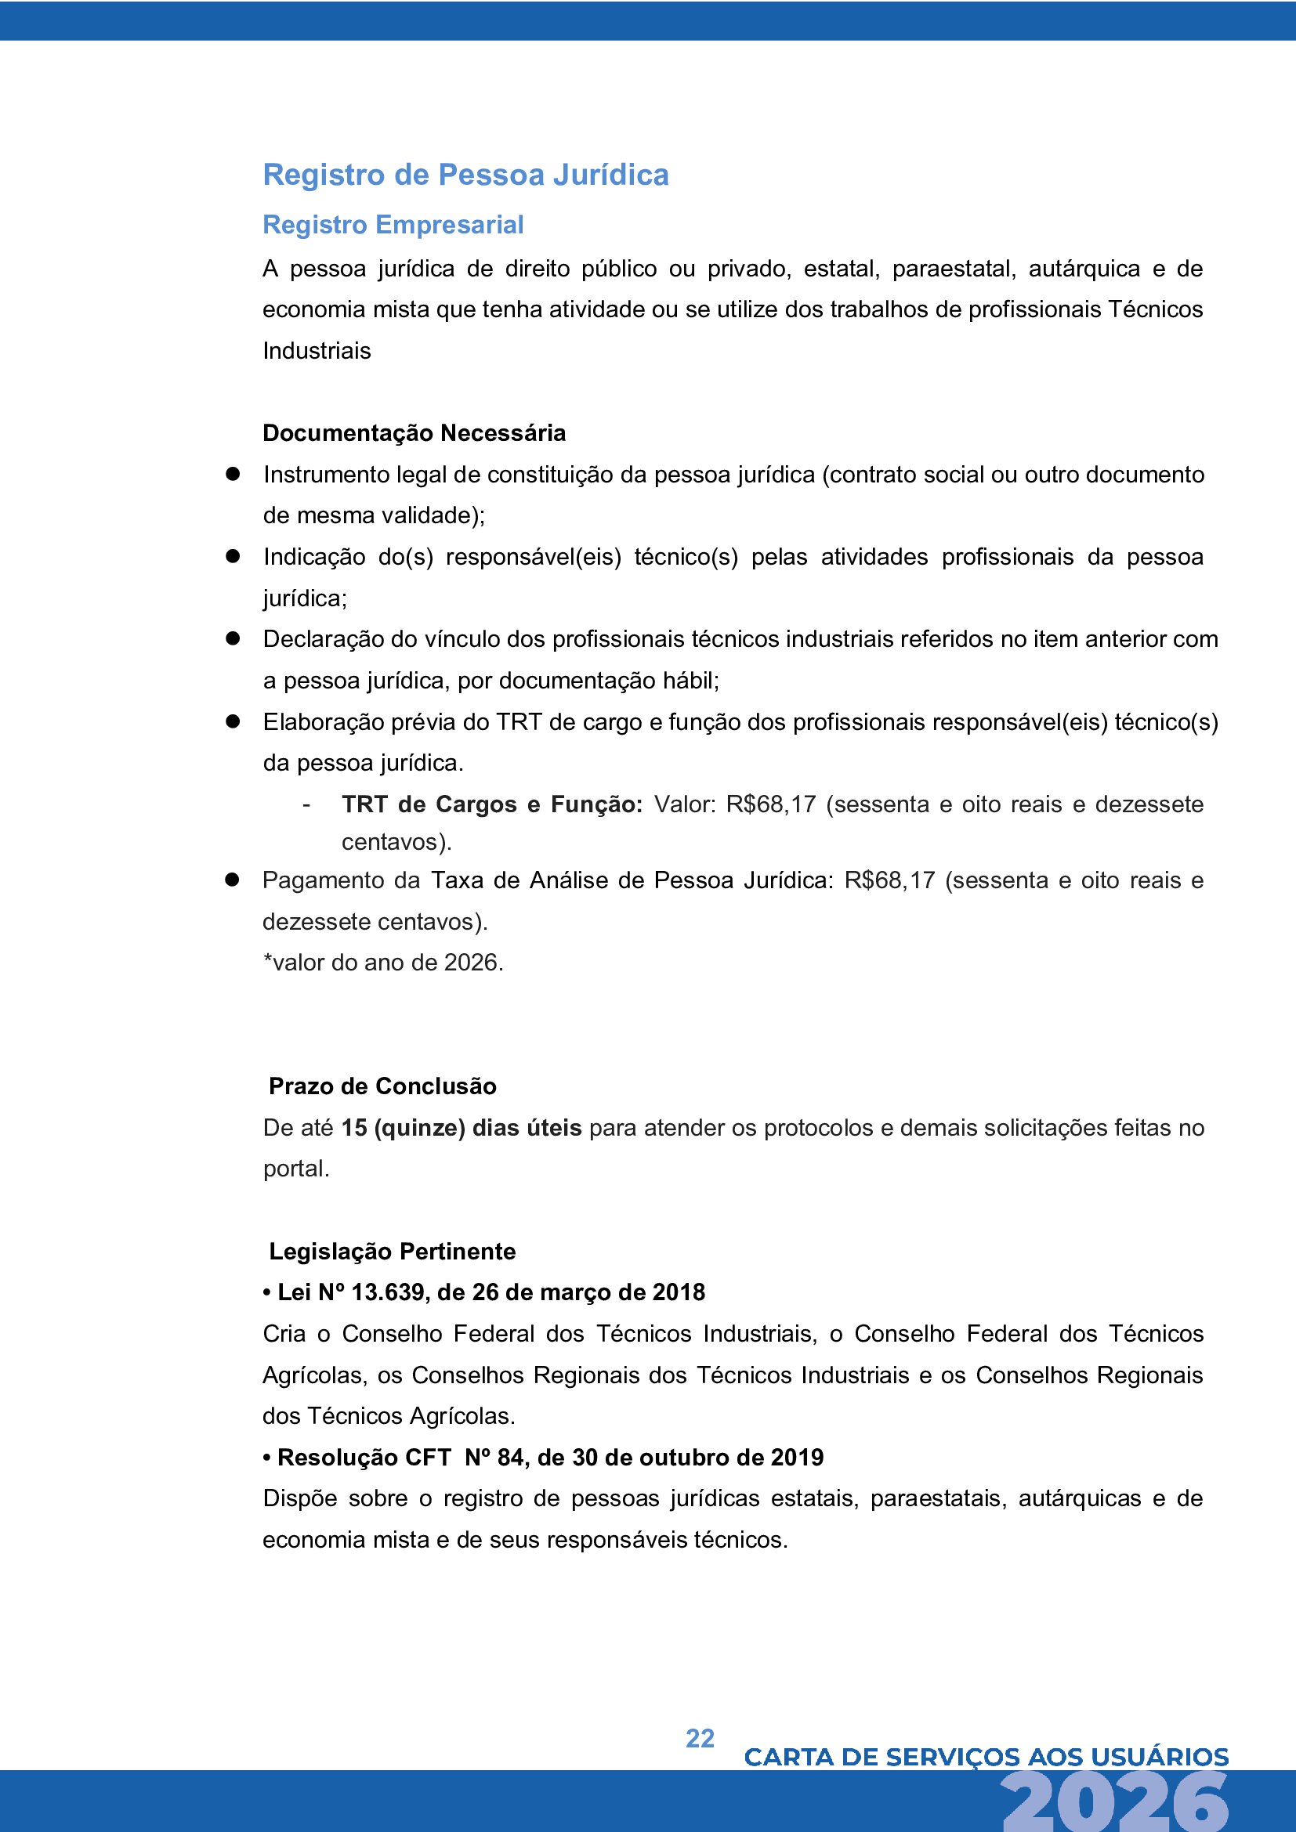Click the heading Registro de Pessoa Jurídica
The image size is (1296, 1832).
click(465, 175)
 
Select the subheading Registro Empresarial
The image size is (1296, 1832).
click(393, 225)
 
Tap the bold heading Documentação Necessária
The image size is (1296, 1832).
click(415, 433)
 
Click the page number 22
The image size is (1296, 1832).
click(700, 1738)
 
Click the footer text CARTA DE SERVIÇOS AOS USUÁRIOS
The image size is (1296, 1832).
click(986, 1757)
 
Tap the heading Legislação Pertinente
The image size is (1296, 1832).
click(392, 1251)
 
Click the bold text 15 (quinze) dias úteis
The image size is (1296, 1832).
click(462, 1127)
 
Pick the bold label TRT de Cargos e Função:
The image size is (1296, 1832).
click(491, 804)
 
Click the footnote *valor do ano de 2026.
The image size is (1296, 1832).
click(383, 963)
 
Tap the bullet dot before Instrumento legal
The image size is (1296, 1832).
click(233, 474)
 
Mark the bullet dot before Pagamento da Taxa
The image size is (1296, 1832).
click(232, 880)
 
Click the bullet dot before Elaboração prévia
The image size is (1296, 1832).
click(233, 721)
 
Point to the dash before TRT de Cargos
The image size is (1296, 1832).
click(306, 805)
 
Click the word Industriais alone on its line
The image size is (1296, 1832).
click(317, 351)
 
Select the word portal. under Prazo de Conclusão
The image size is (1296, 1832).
click(296, 1169)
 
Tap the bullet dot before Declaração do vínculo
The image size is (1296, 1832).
click(233, 638)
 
